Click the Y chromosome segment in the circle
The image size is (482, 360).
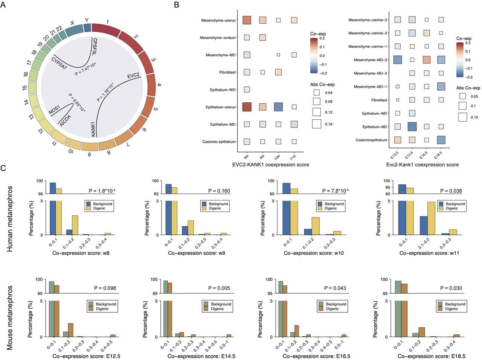(x=87, y=28)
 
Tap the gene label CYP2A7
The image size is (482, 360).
(x=59, y=64)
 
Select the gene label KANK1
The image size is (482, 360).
(x=93, y=129)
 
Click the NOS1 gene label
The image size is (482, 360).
(x=54, y=110)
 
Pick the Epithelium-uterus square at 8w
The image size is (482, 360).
(x=247, y=107)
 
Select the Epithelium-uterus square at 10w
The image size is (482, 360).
(x=278, y=107)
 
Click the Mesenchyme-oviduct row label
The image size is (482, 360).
(x=217, y=38)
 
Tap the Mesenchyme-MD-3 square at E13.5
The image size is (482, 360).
(x=397, y=60)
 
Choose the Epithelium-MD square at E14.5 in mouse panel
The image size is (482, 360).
(x=412, y=126)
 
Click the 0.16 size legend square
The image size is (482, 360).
(x=316, y=124)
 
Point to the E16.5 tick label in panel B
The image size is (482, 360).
(x=424, y=155)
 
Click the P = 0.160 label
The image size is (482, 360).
(x=219, y=191)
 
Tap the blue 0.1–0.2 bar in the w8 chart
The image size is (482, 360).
(x=69, y=232)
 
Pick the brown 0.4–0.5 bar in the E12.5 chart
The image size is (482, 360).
(x=113, y=336)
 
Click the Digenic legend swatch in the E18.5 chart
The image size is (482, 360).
(x=440, y=309)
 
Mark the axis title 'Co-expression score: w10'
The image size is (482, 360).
(x=314, y=253)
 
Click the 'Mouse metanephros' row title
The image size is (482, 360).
(x=10, y=317)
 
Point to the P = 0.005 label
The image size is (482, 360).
(x=219, y=288)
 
